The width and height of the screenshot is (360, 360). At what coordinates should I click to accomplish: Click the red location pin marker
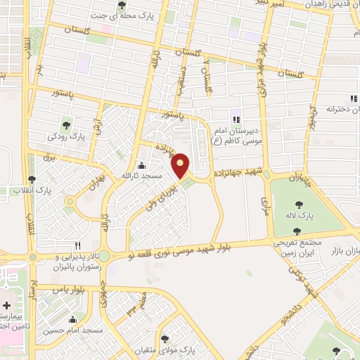coord(181,165)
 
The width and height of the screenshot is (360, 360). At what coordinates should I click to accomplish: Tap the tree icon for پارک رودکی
coord(66,124)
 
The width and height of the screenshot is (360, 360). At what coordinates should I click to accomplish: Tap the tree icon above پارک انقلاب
coord(31,180)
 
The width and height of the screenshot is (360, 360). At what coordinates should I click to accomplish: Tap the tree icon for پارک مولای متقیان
coord(165,339)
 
